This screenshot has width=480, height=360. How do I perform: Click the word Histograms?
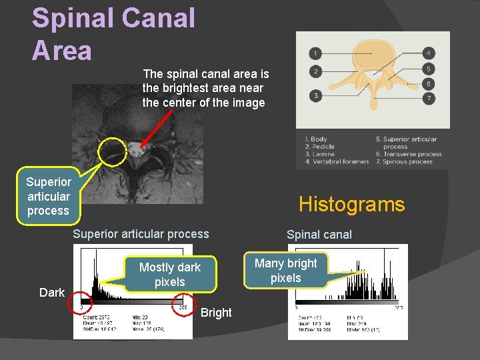click(x=351, y=204)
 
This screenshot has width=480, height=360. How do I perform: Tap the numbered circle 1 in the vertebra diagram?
click(x=315, y=53)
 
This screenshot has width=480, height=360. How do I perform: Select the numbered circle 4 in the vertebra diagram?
click(x=430, y=53)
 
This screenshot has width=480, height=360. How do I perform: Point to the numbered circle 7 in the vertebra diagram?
click(x=430, y=99)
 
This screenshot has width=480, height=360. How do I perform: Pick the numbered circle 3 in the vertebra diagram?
click(x=315, y=95)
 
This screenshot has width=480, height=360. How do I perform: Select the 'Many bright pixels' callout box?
click(x=286, y=271)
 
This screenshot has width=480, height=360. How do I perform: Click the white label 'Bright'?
click(x=216, y=313)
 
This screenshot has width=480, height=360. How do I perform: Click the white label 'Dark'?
click(x=52, y=293)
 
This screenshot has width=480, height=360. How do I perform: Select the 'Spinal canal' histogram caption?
click(x=319, y=235)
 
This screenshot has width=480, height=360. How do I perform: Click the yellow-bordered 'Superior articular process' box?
click(x=48, y=196)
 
